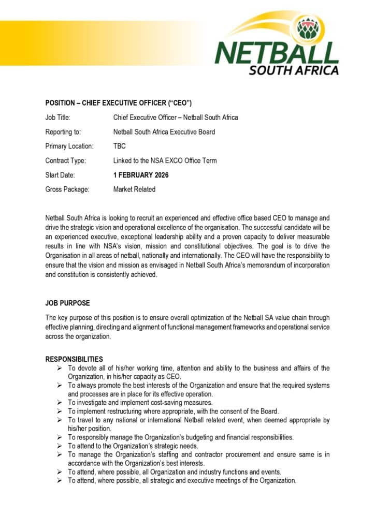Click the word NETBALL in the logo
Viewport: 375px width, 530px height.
coord(277,53)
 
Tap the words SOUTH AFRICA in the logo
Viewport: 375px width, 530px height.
coord(294,70)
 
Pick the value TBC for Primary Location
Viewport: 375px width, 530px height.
coord(119,146)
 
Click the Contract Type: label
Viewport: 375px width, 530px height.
coord(66,160)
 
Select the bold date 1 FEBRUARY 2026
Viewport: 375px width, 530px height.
coord(141,175)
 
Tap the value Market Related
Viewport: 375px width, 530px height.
coord(134,189)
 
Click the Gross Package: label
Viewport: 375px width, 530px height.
coord(67,189)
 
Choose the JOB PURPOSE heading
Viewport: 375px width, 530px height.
coord(67,303)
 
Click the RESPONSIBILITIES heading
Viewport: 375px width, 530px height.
coord(74,359)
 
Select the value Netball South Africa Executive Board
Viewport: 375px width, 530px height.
coord(164,132)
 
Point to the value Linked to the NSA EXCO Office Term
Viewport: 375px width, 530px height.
coord(165,160)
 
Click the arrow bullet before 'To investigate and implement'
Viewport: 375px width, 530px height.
coord(60,403)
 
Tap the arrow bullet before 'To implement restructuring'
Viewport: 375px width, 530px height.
coord(60,411)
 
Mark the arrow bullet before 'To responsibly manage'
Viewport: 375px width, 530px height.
coord(60,437)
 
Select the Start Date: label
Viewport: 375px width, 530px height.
coord(60,175)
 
